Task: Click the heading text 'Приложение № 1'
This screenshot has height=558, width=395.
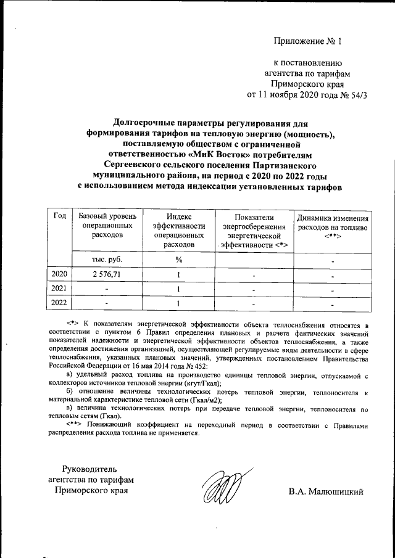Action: [307, 41]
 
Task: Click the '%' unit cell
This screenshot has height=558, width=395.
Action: [178, 260]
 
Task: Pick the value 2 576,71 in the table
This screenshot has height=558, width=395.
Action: [99, 274]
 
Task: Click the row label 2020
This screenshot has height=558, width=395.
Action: [59, 274]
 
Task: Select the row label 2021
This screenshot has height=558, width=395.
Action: [59, 289]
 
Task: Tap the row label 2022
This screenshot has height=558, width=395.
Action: [59, 303]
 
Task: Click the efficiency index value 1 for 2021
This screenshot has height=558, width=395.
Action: [178, 289]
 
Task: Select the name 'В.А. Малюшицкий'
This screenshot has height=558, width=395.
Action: [326, 491]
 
